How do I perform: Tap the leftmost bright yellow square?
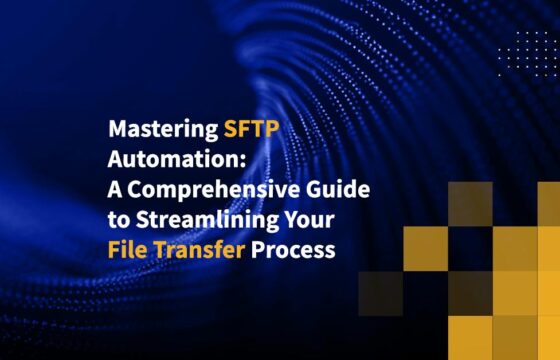[x=424, y=249]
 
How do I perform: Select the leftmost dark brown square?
[x=379, y=293]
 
